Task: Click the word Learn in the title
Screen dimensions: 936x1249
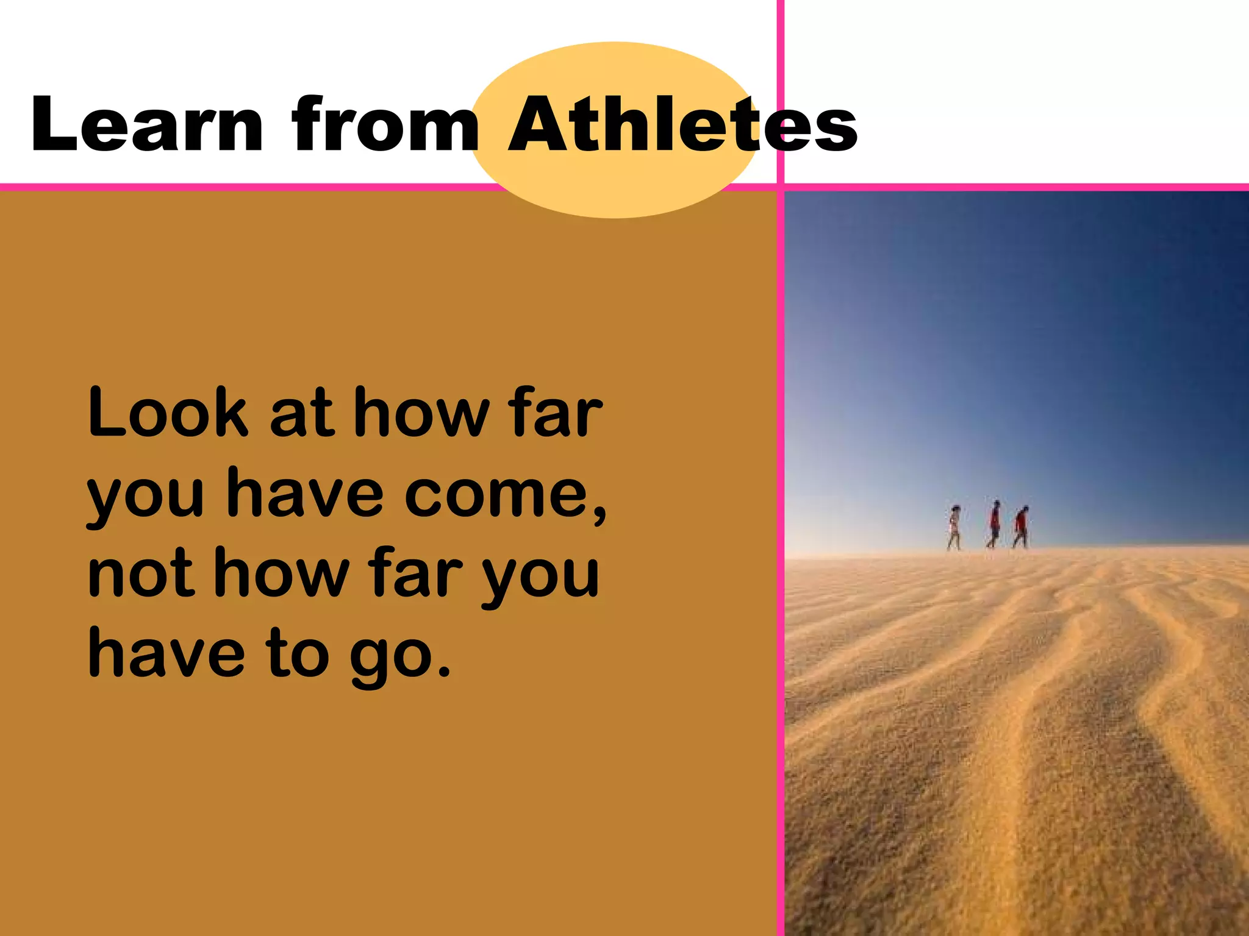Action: (146, 124)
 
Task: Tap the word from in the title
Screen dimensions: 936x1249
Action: (385, 124)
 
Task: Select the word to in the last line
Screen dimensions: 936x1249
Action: (298, 654)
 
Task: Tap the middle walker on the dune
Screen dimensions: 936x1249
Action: (994, 524)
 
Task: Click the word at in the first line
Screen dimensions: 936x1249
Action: (301, 416)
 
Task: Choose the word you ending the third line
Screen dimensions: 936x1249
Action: (539, 578)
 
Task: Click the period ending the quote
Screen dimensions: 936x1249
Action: (444, 672)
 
